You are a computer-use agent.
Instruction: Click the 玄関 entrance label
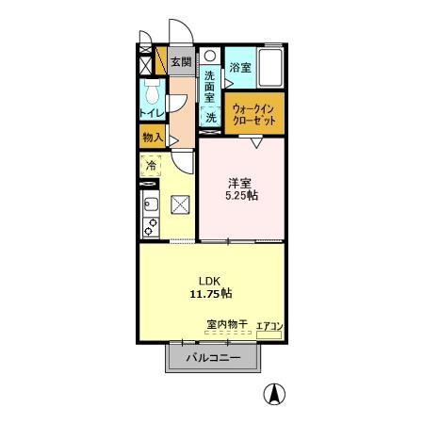(x=180, y=63)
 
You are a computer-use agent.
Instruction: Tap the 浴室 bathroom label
(x=240, y=67)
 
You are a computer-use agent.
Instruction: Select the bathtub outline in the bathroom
(x=270, y=67)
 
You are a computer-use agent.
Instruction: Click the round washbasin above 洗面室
(x=210, y=55)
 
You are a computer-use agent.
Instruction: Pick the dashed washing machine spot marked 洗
(x=211, y=118)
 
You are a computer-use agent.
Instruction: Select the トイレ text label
(x=151, y=114)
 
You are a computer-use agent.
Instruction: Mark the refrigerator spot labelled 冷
(x=152, y=167)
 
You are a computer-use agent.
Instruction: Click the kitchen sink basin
(x=149, y=204)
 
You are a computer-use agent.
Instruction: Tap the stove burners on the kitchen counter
(x=148, y=226)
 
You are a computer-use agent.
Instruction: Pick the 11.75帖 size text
(x=210, y=293)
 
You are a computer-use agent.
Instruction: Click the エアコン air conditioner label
(x=269, y=326)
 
